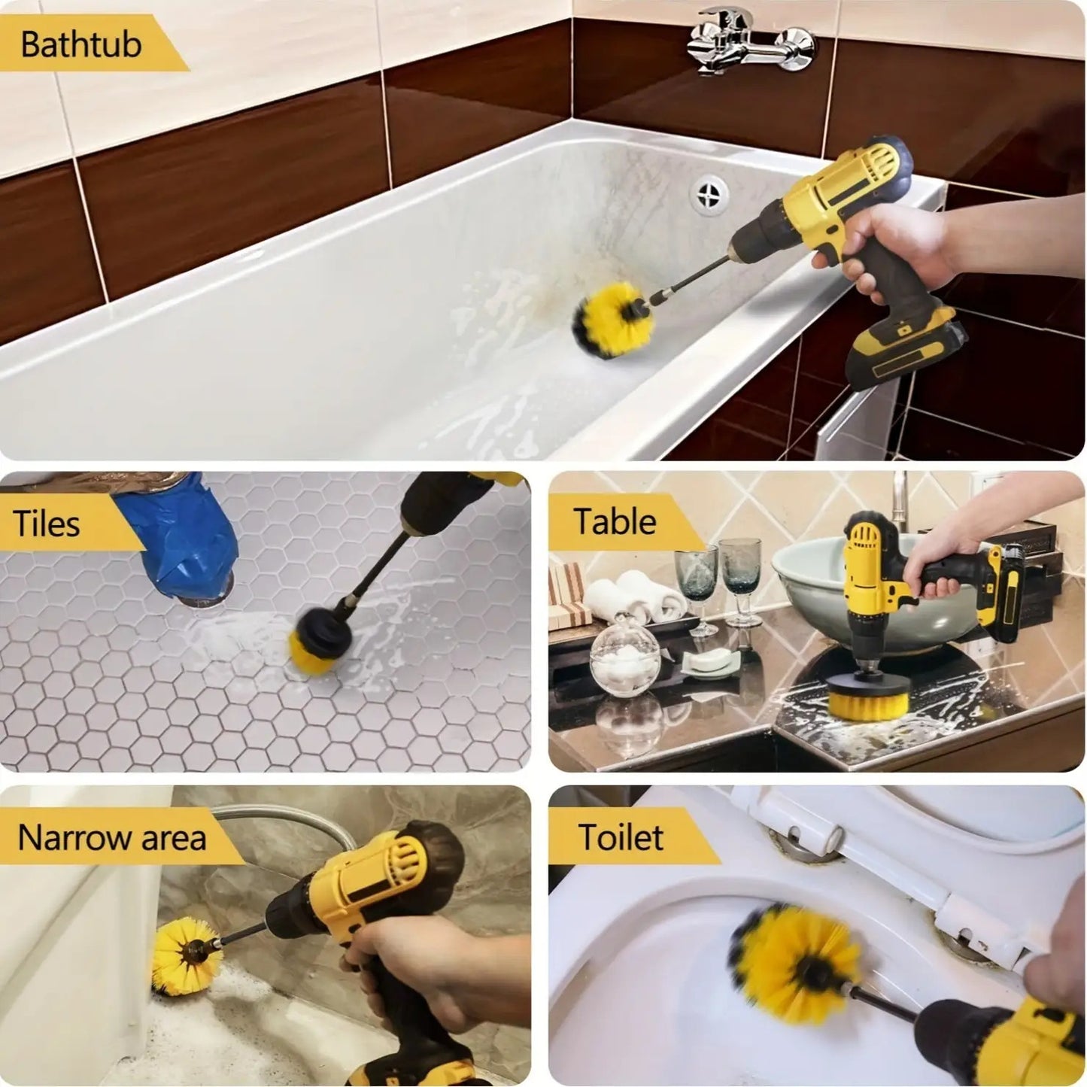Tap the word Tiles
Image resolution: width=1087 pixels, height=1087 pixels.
click(46, 524)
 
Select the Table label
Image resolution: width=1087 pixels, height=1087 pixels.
click(615, 521)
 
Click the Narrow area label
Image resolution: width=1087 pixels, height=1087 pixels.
click(111, 837)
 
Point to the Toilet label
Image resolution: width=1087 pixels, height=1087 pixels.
click(621, 837)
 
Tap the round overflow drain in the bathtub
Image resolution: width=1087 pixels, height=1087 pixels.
click(708, 194)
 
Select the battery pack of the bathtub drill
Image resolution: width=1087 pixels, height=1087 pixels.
click(906, 351)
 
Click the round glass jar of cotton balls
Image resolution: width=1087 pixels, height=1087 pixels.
click(624, 657)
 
